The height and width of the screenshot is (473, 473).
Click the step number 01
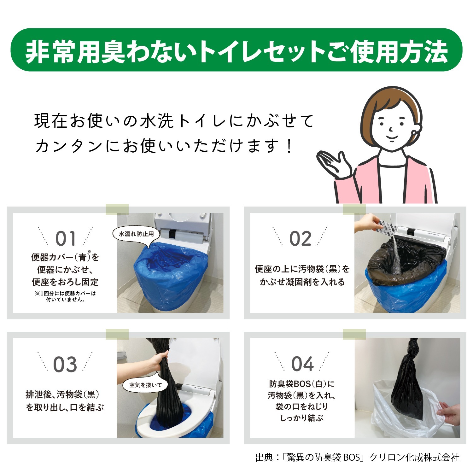[x=66, y=238]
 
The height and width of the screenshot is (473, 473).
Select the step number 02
[x=300, y=238]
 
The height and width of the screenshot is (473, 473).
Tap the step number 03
[x=65, y=364]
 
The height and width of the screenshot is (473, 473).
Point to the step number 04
[x=302, y=364]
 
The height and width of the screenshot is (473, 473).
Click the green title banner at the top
[x=237, y=50]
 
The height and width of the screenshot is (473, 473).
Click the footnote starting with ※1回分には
[x=65, y=296]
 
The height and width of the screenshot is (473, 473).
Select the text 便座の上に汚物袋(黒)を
[x=302, y=269]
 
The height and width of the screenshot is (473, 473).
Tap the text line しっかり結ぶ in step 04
[x=302, y=418]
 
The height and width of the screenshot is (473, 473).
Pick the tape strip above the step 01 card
[x=117, y=209]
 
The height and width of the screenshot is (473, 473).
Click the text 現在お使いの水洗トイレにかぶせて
[x=174, y=121]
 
